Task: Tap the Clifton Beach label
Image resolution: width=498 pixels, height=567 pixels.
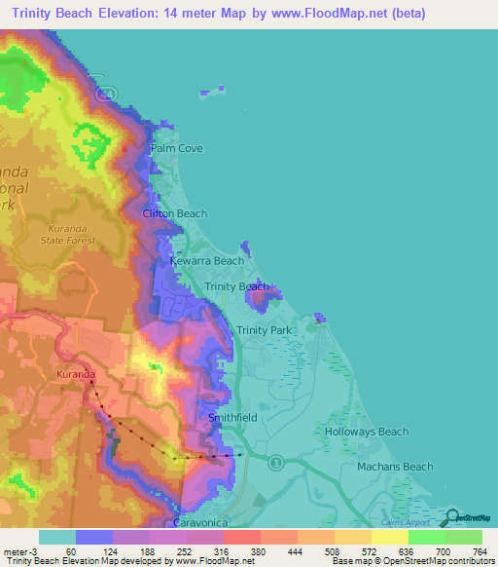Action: click(x=175, y=213)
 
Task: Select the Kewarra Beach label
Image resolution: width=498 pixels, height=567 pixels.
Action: click(x=207, y=261)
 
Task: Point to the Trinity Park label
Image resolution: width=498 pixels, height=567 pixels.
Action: click(x=264, y=331)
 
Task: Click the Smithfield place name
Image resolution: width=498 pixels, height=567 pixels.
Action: click(x=232, y=417)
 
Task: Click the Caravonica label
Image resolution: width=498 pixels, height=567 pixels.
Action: click(x=207, y=522)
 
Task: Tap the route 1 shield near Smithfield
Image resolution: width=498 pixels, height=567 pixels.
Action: click(x=276, y=461)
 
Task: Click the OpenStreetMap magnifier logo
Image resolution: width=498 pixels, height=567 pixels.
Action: click(x=452, y=515)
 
